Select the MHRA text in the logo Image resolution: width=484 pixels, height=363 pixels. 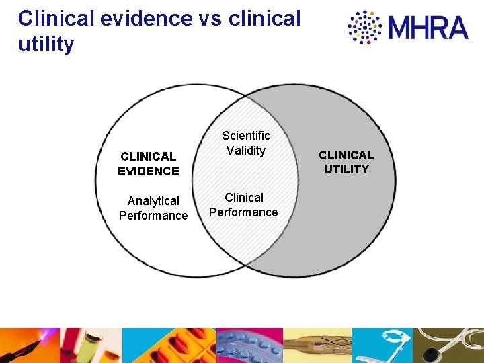[428, 28]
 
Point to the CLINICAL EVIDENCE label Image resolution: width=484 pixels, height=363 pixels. [148, 163]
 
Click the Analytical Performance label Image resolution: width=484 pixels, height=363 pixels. [153, 208]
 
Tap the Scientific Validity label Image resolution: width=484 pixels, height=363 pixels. [246, 143]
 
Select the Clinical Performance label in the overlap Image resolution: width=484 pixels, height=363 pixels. [243, 205]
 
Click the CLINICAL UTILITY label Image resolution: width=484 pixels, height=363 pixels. [346, 162]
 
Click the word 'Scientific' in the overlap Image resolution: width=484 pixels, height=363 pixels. [246, 136]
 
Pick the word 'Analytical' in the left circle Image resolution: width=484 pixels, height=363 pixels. [153, 201]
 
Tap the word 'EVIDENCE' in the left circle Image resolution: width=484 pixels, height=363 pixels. [148, 171]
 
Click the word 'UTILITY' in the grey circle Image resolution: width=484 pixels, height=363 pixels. [346, 169]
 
